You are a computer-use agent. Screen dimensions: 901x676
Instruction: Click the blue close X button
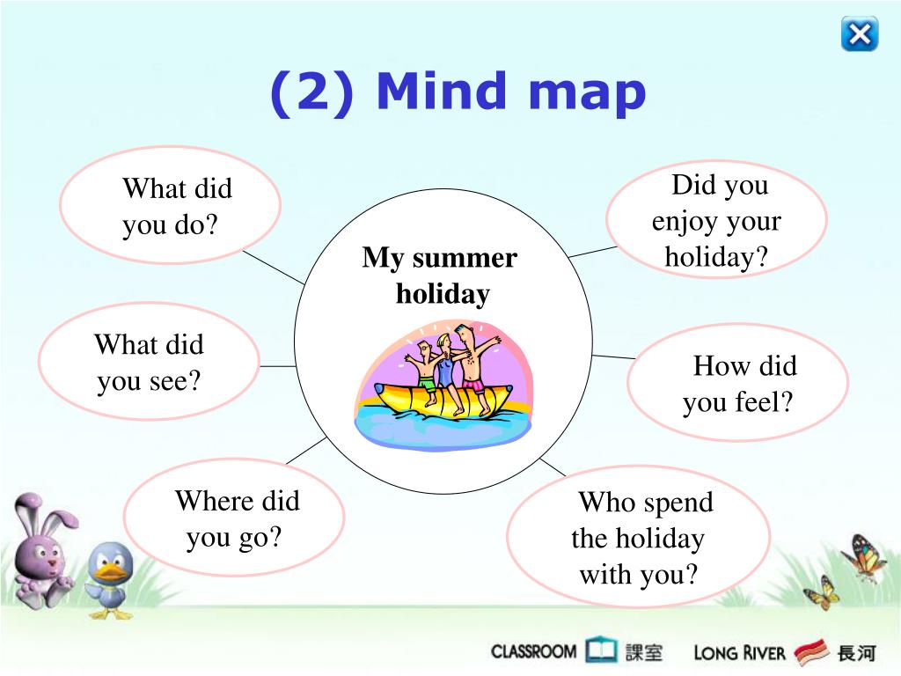coord(860,34)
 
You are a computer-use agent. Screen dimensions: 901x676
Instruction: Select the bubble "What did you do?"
coord(170,205)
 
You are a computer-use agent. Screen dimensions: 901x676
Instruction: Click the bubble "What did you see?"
coord(150,362)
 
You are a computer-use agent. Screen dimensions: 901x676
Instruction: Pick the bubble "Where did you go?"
coord(234,518)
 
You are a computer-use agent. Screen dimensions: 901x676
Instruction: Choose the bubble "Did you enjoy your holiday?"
coord(716,219)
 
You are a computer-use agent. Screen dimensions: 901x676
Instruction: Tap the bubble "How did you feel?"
coord(738,383)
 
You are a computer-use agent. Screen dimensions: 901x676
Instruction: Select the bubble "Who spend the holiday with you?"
coord(638,537)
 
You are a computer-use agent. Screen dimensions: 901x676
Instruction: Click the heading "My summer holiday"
coord(440,276)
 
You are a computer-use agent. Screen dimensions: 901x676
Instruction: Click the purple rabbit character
coord(42,551)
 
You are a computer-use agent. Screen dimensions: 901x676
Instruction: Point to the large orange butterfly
coord(863,555)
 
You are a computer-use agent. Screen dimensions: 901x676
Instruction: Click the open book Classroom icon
coord(601,650)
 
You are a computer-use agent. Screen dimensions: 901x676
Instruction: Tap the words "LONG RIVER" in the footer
coord(739,653)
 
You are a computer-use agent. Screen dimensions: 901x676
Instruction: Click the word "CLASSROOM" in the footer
coord(533,651)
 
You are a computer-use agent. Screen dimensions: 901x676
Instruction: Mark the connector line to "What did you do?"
coord(274,268)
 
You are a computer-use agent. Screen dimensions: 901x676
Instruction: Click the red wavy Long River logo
coord(811,652)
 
